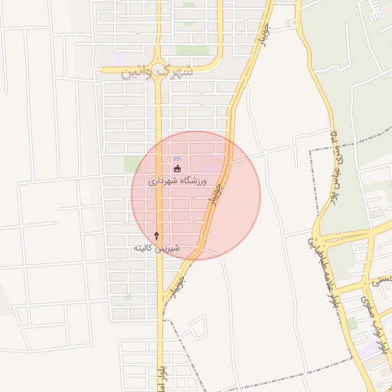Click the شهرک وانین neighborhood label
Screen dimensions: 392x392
[x=158, y=73]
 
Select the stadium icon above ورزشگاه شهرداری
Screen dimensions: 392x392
[x=178, y=168]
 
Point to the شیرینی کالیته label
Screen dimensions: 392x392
[x=157, y=249]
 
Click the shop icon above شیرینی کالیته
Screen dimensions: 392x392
[x=157, y=235]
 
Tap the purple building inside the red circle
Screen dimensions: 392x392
[x=209, y=162]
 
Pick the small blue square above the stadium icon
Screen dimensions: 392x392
[x=177, y=158]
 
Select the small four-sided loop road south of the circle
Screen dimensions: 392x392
[x=197, y=328]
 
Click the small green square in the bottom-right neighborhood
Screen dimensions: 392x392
[x=352, y=324]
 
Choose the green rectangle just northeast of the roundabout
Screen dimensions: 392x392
[x=186, y=51]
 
